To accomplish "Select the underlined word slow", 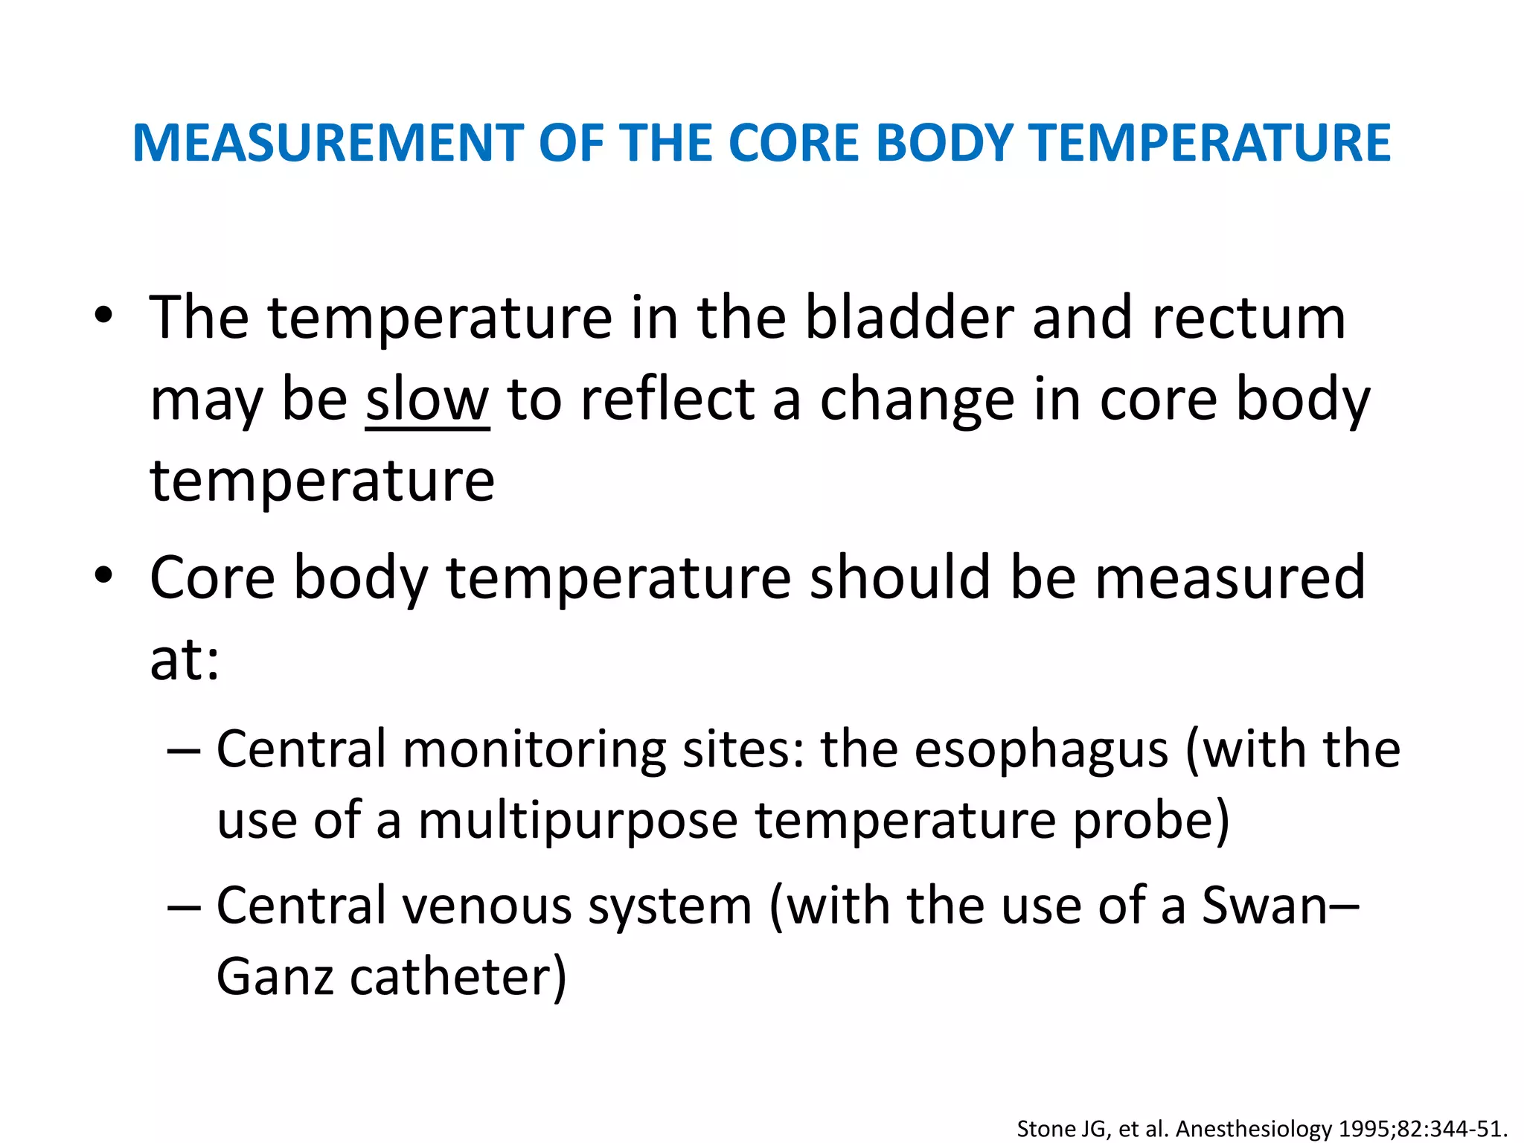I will click(x=427, y=400).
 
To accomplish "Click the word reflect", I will click(x=667, y=400).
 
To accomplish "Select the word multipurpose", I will click(x=577, y=820).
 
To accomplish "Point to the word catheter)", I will click(x=458, y=976).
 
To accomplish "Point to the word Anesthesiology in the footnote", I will click(x=1253, y=1129).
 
